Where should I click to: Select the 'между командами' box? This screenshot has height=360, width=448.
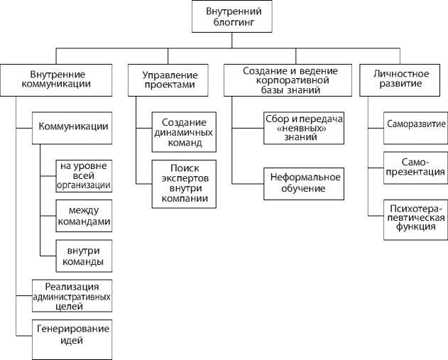(x=84, y=215)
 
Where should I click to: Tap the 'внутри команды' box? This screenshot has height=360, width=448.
(x=84, y=256)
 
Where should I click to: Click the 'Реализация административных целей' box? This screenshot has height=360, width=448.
(x=71, y=296)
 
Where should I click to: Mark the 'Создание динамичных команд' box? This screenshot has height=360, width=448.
(x=183, y=132)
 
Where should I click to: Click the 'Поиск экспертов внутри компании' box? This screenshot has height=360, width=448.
(x=183, y=183)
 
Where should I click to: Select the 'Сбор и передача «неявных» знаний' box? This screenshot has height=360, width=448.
(x=302, y=127)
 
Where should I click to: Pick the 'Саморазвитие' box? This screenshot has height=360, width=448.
(x=415, y=123)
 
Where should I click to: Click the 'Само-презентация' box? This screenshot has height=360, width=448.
(x=415, y=167)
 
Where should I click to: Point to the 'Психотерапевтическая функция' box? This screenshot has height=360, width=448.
(x=415, y=217)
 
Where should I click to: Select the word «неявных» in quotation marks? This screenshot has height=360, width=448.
(x=302, y=128)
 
